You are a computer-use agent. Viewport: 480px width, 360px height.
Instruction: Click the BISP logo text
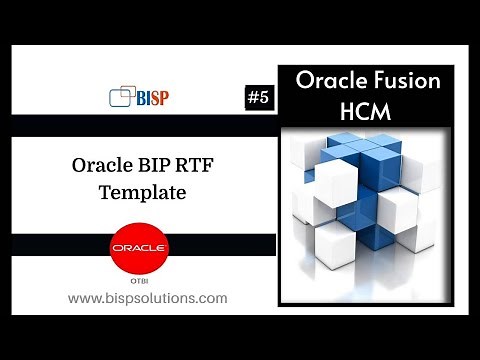click(152, 98)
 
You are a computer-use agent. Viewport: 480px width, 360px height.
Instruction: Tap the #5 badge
click(259, 98)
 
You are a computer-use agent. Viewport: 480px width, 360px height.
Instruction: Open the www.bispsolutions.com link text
click(147, 298)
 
